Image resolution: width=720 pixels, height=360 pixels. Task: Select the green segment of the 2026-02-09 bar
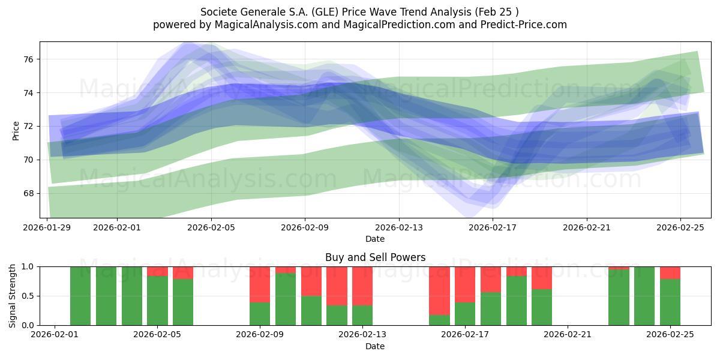[x=260, y=314]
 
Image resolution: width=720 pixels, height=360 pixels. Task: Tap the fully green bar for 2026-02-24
[x=644, y=296]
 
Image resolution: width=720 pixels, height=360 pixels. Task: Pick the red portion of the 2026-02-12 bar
[x=337, y=286]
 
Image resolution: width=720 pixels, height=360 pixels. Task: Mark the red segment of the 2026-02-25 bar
[x=670, y=272]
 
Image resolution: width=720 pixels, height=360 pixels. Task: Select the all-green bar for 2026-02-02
[x=80, y=296]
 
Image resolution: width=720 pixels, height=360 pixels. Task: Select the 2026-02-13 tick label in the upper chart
[x=399, y=227]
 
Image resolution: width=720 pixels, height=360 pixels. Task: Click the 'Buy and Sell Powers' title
[x=375, y=257]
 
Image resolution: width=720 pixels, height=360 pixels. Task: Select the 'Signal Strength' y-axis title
[x=13, y=296]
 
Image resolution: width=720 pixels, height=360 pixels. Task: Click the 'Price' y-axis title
[x=16, y=130]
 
